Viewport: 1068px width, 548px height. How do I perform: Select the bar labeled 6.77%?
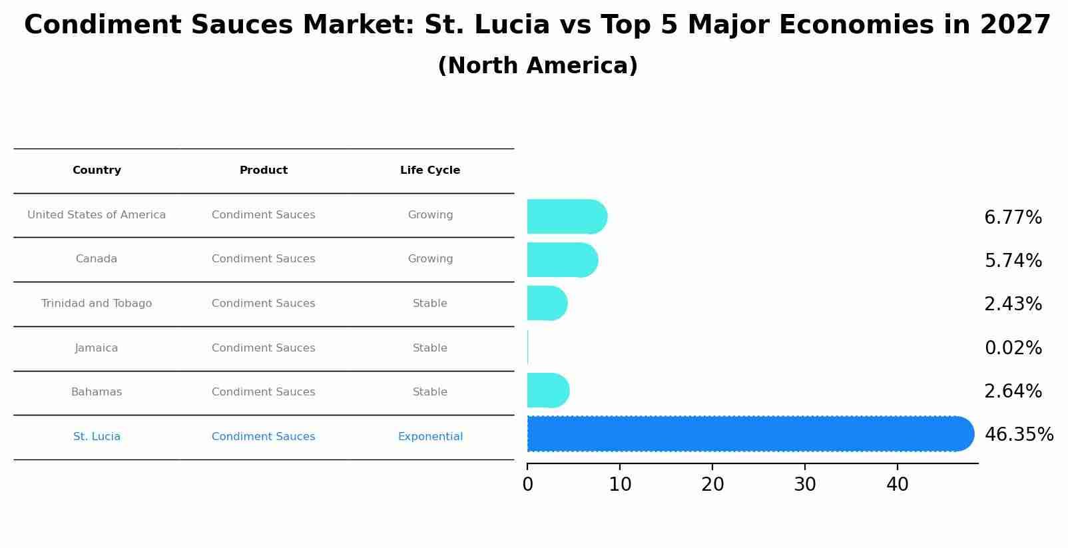[x=566, y=217]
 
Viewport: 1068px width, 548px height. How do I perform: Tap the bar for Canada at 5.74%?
[x=561, y=260]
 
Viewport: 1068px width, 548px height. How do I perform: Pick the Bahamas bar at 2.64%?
[x=547, y=391]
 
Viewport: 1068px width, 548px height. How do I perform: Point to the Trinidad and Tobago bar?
[x=546, y=304]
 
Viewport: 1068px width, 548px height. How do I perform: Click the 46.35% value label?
[x=1018, y=435]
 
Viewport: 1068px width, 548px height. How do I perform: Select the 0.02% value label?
[x=1013, y=348]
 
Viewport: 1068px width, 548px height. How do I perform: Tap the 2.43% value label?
[x=1013, y=304]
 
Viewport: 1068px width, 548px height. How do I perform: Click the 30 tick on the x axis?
[x=805, y=485]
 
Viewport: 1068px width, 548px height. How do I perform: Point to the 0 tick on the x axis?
[x=527, y=485]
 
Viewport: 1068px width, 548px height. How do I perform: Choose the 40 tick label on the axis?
[x=897, y=485]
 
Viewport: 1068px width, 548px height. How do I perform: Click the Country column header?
[x=97, y=170]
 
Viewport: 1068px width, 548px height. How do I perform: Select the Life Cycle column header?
[x=430, y=170]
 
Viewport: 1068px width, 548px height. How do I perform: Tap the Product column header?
[x=264, y=170]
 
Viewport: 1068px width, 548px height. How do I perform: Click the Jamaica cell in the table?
[x=97, y=348]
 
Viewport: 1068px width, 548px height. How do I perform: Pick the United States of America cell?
[x=97, y=215]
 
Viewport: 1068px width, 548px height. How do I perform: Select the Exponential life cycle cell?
[x=430, y=437]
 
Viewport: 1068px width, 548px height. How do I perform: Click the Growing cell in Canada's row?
[x=430, y=259]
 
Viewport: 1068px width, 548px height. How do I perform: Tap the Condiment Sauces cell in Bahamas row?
[x=264, y=392]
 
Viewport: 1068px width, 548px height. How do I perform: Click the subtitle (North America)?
[x=537, y=66]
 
